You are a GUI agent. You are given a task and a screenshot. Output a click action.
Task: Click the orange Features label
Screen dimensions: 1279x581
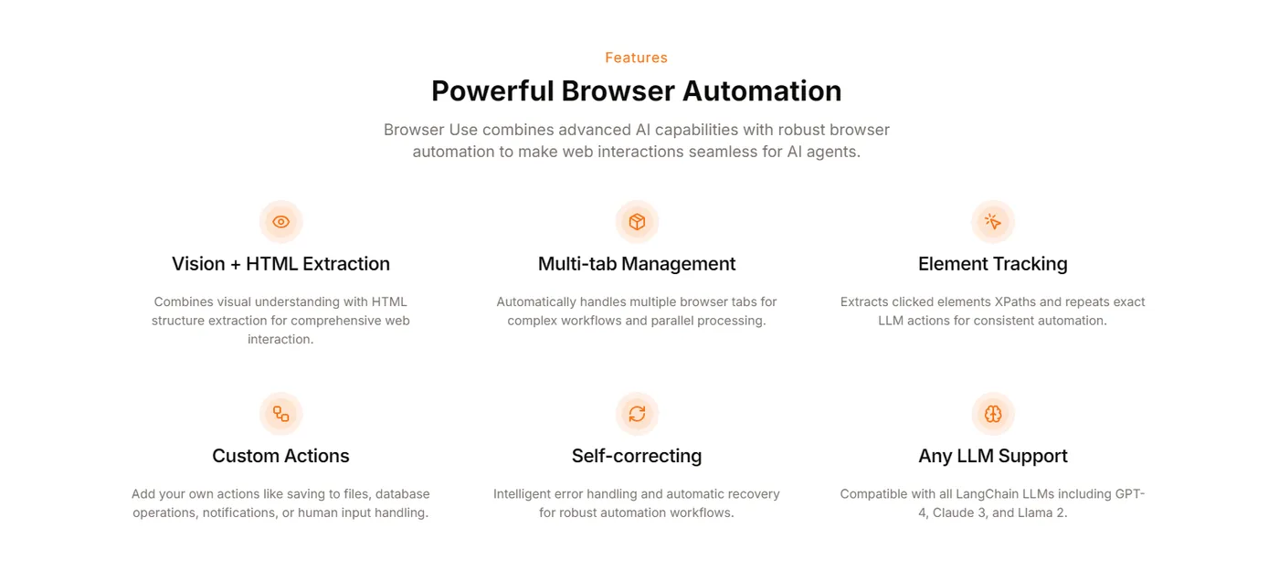tap(636, 58)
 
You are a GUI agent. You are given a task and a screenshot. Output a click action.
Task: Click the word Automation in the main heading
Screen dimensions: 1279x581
tap(762, 90)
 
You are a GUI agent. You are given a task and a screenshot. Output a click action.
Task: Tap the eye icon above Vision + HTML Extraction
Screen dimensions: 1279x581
tap(280, 221)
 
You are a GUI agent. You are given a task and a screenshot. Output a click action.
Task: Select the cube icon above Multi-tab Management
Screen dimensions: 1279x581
tap(637, 221)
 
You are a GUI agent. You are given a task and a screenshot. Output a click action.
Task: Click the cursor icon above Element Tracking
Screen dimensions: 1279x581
tap(992, 221)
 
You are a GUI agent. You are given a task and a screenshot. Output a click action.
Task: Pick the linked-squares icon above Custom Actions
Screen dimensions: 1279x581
tap(280, 414)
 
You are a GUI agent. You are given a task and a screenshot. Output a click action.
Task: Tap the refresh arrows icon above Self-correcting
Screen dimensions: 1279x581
tap(637, 414)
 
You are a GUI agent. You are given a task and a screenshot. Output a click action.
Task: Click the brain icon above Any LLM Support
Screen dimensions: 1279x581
tap(992, 414)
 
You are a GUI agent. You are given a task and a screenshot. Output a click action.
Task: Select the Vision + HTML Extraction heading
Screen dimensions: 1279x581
tap(280, 264)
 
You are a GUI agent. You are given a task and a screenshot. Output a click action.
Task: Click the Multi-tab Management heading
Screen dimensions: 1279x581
tap(637, 264)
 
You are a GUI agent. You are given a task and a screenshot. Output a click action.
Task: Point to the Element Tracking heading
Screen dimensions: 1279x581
tap(992, 264)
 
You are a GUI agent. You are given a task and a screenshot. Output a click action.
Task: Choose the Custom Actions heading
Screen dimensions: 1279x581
tap(280, 456)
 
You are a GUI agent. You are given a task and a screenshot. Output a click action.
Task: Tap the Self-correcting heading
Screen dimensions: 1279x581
tap(637, 456)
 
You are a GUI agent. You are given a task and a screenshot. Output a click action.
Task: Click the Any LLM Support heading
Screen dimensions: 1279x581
tap(992, 456)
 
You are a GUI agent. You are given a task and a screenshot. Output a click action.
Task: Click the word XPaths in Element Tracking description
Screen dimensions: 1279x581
tap(1015, 301)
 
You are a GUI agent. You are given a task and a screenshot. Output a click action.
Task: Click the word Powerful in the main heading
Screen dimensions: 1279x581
tap(492, 90)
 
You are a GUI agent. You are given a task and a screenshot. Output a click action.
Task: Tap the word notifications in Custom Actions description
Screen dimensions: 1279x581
tap(239, 512)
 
